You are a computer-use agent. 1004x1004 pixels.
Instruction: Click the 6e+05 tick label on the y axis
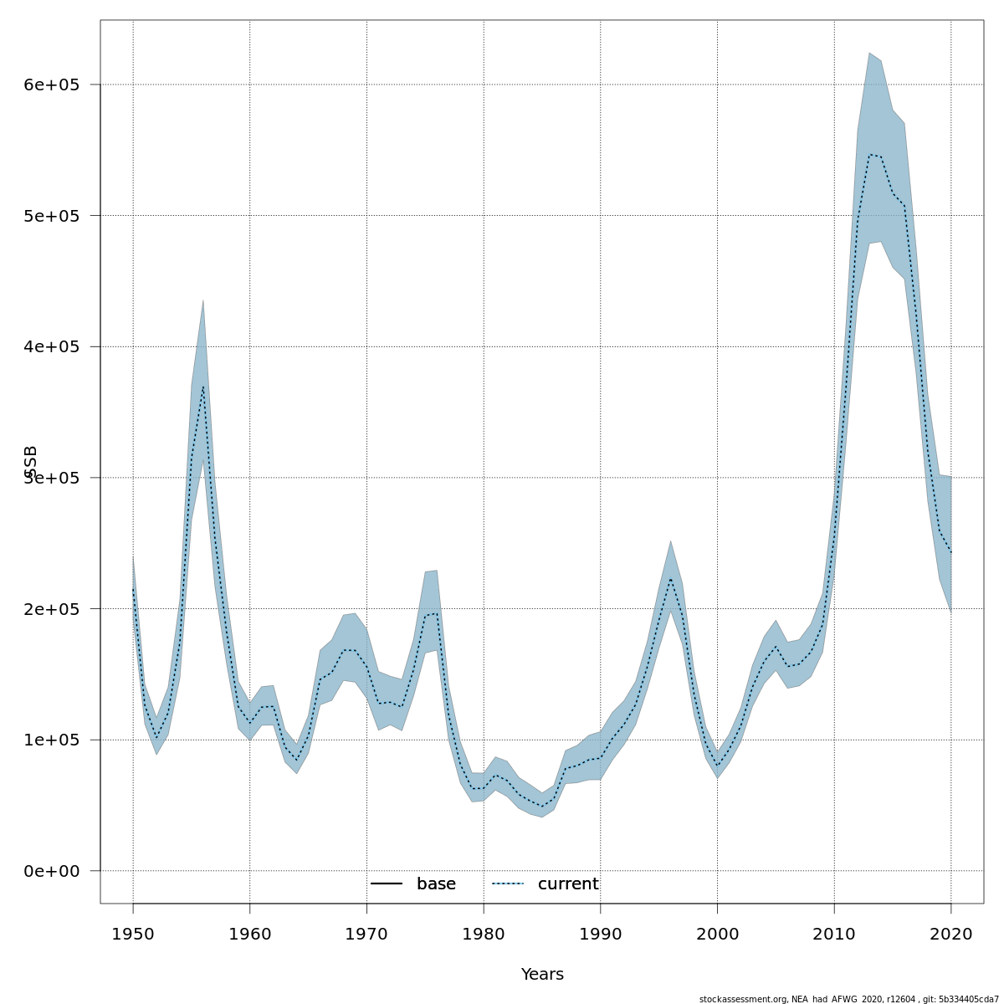(51, 85)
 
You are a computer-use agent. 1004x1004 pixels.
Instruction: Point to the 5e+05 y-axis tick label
(51, 216)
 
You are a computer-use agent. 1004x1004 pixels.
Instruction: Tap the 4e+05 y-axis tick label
(51, 346)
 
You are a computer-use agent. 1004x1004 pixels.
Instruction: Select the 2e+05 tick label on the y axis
(51, 608)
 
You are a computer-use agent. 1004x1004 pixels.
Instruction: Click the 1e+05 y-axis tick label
(51, 740)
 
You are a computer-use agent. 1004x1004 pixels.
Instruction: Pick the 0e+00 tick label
(51, 871)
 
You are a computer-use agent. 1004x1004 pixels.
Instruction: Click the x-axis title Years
(542, 975)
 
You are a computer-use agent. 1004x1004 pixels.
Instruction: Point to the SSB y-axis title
(32, 462)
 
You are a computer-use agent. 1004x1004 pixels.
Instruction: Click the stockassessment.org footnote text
(848, 999)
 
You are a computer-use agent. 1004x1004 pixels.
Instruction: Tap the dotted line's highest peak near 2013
(870, 154)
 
